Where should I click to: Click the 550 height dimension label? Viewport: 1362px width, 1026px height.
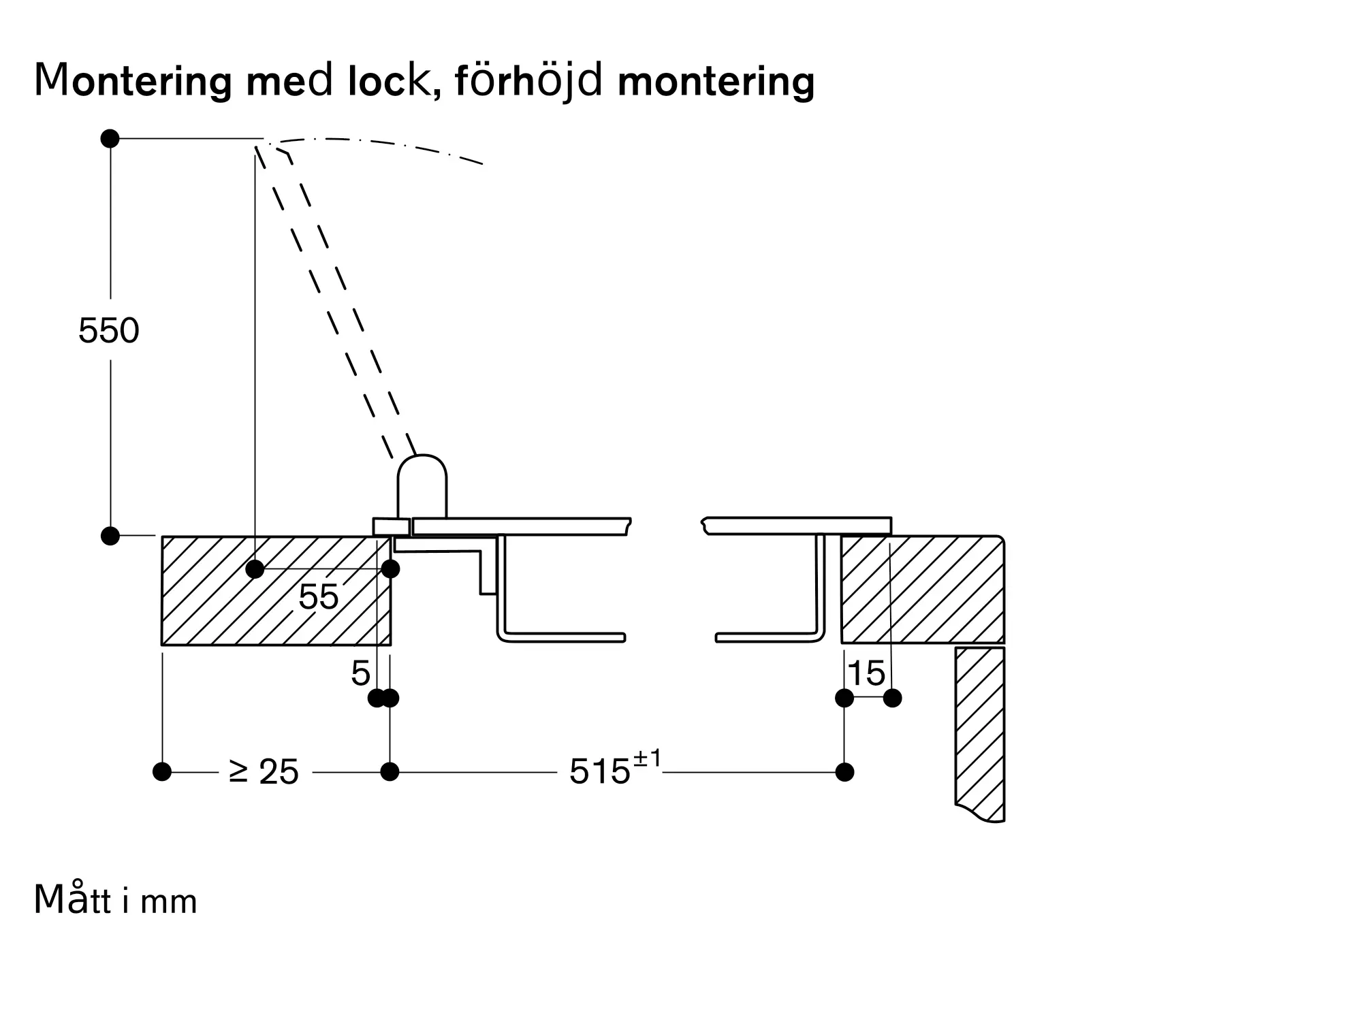[x=109, y=331]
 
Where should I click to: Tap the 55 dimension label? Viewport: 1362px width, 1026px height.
[x=318, y=597]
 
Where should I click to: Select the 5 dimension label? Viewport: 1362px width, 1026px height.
[x=360, y=674]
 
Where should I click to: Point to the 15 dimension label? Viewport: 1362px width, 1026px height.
[x=866, y=674]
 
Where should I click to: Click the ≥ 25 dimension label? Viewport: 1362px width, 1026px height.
[x=264, y=772]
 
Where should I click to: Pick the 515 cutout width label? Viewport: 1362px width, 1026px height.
[x=599, y=772]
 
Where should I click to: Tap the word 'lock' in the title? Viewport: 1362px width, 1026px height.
[x=388, y=81]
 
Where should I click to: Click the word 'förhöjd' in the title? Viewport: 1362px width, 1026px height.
[x=528, y=82]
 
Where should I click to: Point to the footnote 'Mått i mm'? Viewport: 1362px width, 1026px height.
[x=115, y=900]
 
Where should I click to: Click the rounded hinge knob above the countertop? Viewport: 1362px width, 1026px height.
[x=422, y=483]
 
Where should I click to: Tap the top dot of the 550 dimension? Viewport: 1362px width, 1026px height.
[x=110, y=139]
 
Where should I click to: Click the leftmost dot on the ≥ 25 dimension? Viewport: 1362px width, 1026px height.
[x=162, y=772]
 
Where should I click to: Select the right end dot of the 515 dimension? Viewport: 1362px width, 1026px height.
[x=844, y=772]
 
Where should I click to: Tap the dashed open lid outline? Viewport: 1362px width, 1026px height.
[x=334, y=300]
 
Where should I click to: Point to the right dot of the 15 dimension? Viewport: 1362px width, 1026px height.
[x=892, y=698]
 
